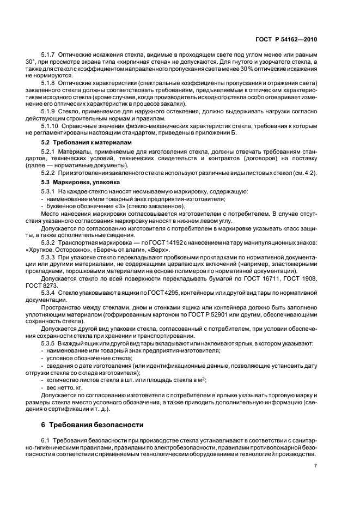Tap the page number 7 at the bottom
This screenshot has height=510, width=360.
[315, 466]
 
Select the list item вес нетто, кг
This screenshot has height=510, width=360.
[62, 387]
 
